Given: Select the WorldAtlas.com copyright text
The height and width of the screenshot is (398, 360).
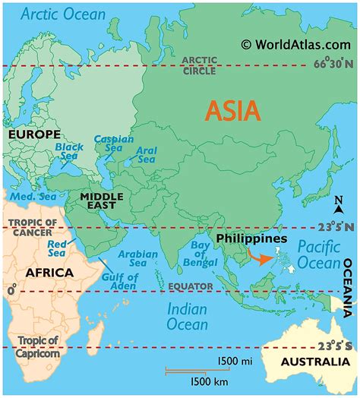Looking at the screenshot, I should (296, 45).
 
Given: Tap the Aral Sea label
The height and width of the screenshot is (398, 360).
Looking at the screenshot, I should (146, 155).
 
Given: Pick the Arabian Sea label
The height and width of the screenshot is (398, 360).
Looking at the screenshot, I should (137, 259).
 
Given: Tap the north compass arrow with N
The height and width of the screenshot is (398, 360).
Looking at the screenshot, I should (339, 205).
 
